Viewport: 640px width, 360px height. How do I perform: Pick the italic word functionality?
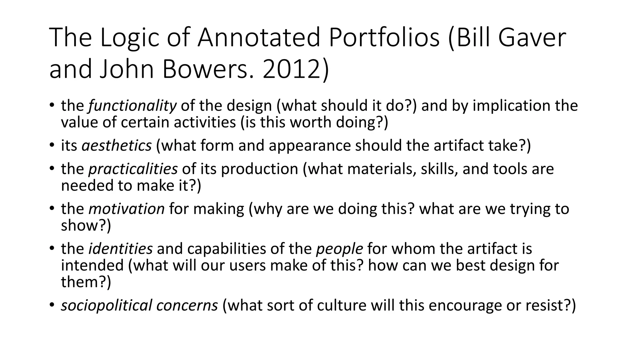pyautogui.click(x=132, y=106)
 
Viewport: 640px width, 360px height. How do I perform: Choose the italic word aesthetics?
pyautogui.click(x=117, y=146)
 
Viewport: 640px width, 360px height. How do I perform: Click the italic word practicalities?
pyautogui.click(x=133, y=169)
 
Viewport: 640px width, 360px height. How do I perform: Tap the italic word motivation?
pyautogui.click(x=127, y=209)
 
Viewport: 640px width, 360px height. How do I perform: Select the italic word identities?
pyautogui.click(x=121, y=249)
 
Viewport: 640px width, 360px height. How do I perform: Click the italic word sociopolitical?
pyautogui.click(x=107, y=305)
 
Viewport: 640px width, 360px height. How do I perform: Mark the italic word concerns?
pyautogui.click(x=187, y=305)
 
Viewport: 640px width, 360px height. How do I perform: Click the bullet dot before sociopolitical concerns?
pyautogui.click(x=52, y=305)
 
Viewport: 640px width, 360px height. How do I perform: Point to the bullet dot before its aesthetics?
pyautogui.click(x=52, y=146)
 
